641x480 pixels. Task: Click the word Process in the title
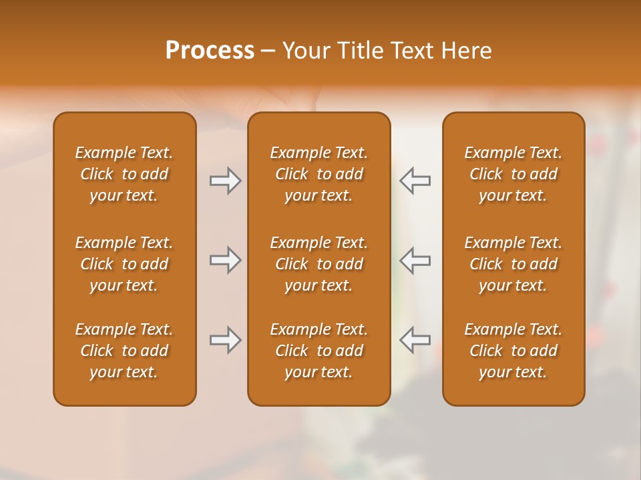(210, 51)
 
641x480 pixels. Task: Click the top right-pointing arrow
(225, 181)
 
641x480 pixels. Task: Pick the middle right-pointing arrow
(225, 259)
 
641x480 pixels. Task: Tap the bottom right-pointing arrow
(225, 340)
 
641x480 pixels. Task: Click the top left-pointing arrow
(415, 181)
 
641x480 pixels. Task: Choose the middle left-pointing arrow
(415, 259)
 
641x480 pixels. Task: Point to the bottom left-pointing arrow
(415, 340)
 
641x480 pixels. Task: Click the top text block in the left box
(124, 174)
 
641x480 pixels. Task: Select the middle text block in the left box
(124, 264)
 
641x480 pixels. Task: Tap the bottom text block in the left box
(124, 351)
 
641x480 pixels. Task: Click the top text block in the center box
(318, 174)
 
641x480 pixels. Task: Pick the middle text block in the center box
(318, 264)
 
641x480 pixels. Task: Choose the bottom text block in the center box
(318, 351)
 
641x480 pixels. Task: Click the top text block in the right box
(513, 174)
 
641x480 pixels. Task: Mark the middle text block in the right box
(513, 264)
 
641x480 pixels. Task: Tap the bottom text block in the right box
(513, 351)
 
